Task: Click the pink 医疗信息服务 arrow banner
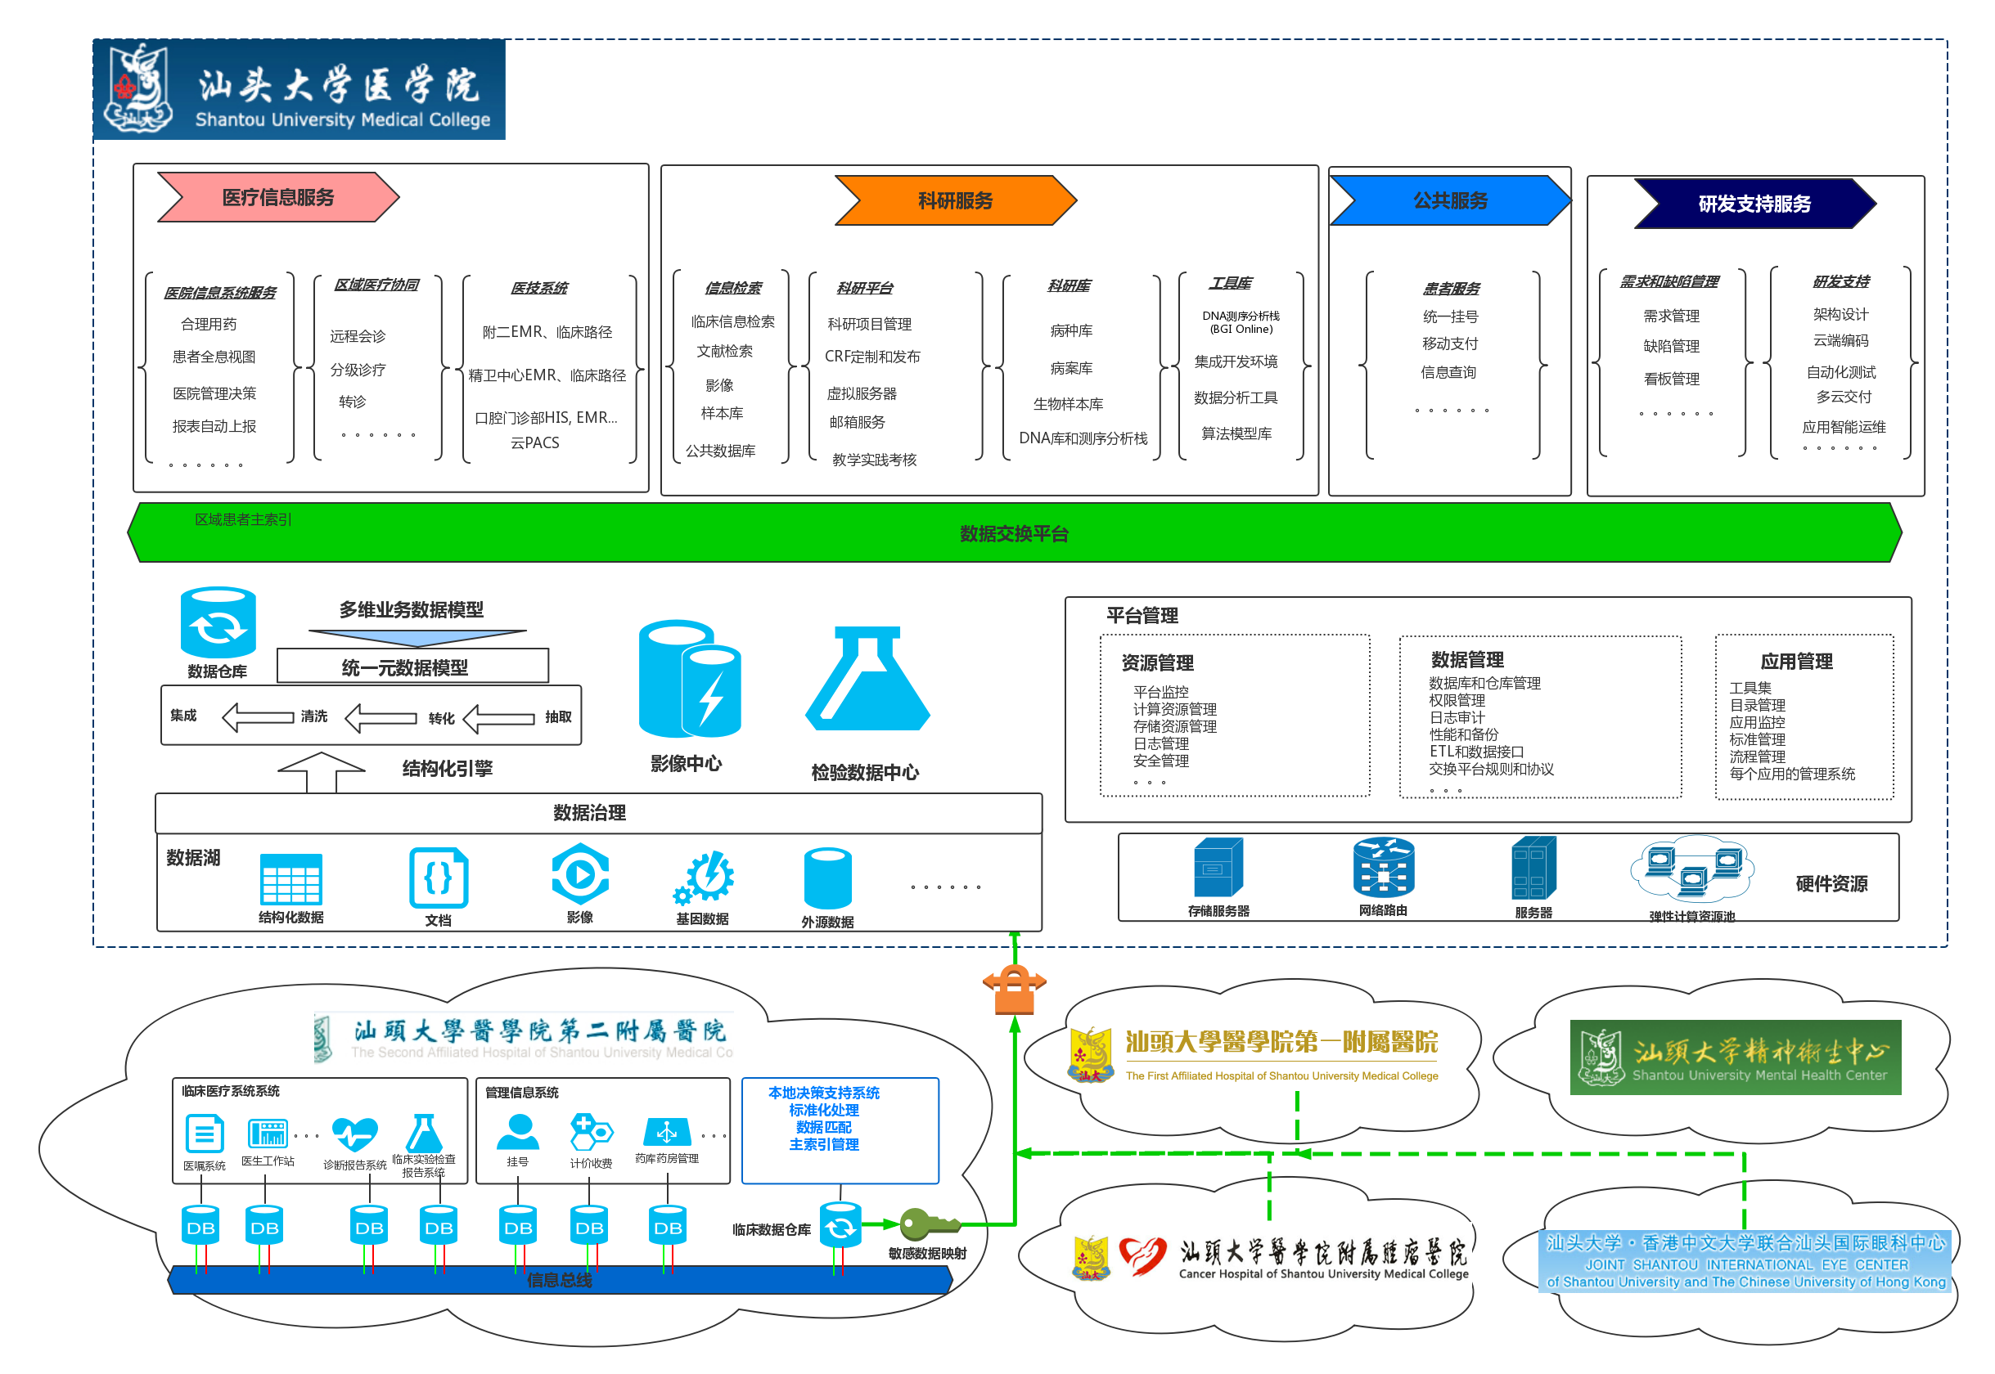277,197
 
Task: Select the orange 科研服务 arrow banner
954,200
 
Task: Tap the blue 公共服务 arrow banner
1450,200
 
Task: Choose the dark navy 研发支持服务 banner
1754,204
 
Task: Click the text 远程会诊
358,336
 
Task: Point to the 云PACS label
535,442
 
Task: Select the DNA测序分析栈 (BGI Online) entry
1241,322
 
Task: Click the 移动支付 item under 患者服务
1450,343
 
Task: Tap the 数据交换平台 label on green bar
1014,534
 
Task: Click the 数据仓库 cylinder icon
218,622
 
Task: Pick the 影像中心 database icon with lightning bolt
689,680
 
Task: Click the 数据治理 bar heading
589,813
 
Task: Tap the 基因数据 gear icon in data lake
705,878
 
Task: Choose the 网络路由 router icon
1384,868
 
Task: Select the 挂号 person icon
518,1132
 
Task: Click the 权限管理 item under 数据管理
1457,700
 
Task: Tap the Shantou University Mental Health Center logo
1735,1057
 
